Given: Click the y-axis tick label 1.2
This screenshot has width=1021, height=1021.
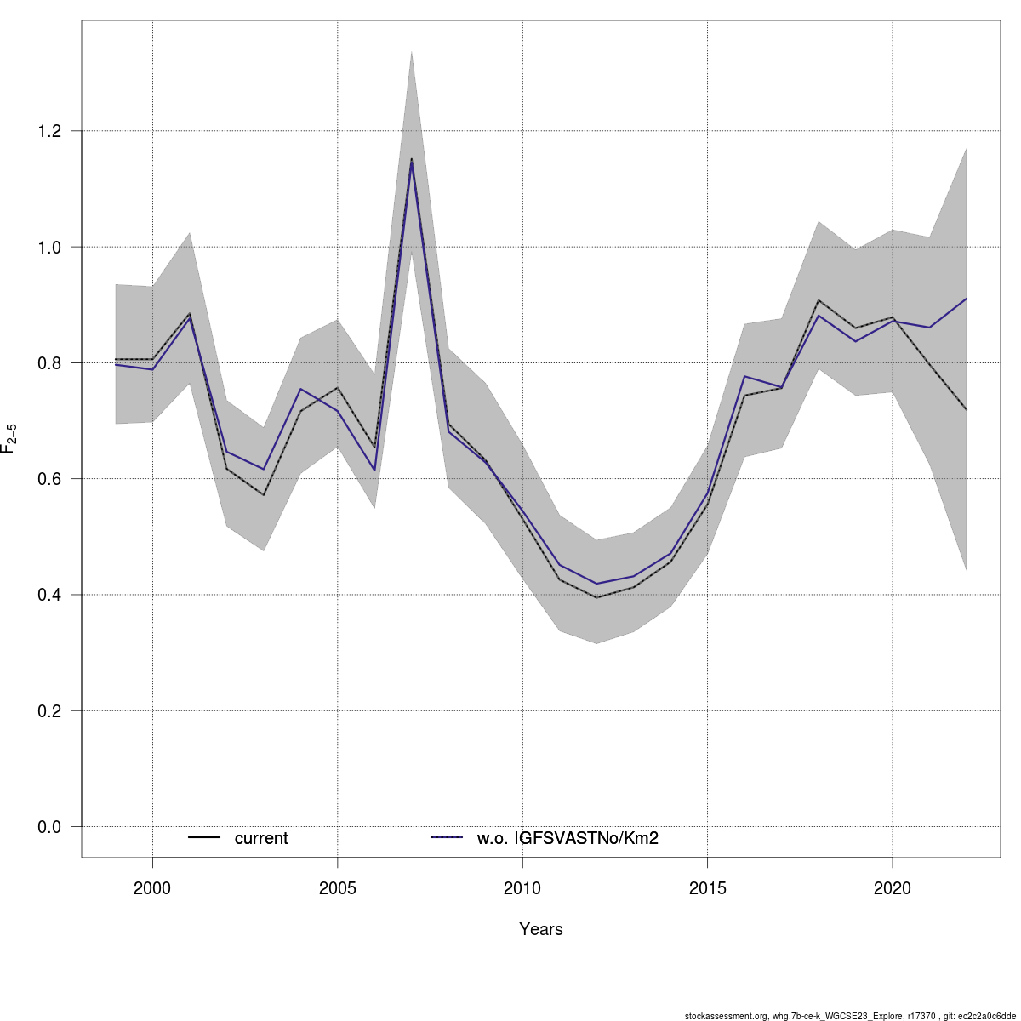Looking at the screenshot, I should (x=50, y=131).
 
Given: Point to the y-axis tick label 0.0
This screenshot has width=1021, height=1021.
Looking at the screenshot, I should (x=50, y=826).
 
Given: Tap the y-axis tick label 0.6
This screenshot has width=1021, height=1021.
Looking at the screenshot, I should (x=50, y=479).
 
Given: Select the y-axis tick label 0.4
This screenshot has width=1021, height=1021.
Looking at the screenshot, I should (x=50, y=595).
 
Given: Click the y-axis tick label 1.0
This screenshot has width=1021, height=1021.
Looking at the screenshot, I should (x=50, y=247).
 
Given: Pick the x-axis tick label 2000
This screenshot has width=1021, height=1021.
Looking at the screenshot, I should (x=153, y=889).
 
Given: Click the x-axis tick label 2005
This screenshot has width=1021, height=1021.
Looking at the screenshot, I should (x=338, y=889).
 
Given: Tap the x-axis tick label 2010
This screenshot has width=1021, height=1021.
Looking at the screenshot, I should (x=522, y=889).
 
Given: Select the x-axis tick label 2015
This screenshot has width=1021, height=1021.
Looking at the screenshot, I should (x=707, y=889).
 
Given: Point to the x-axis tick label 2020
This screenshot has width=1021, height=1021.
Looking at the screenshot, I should (x=892, y=889).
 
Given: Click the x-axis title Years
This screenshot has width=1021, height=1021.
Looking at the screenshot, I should (x=541, y=929).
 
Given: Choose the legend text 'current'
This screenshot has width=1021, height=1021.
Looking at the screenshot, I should (x=261, y=839).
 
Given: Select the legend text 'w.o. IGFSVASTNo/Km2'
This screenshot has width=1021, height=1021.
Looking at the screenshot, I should (x=568, y=839).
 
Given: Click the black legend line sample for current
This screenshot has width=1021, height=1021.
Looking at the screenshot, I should (x=204, y=839).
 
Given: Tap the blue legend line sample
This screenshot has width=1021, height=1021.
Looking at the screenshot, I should (x=447, y=839).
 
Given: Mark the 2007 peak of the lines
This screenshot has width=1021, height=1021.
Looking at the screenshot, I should (x=412, y=160).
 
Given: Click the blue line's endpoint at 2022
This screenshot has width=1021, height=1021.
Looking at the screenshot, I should (x=966, y=299).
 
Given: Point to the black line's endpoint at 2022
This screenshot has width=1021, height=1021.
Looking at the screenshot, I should (x=966, y=410).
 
